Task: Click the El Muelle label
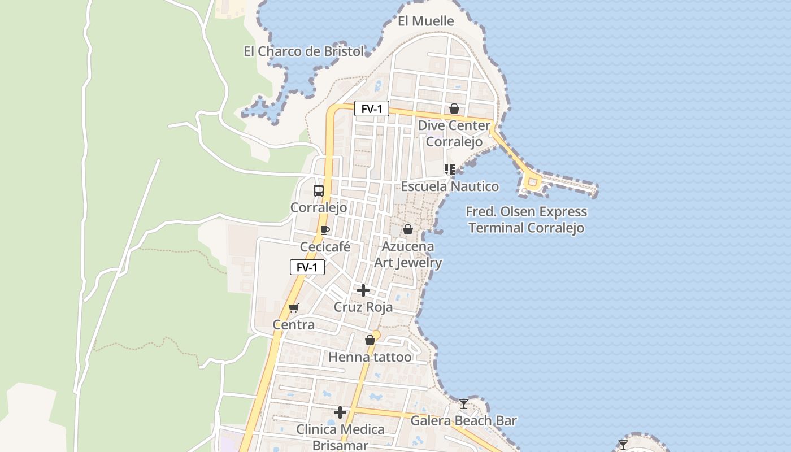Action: [425, 21]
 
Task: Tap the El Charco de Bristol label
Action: [304, 51]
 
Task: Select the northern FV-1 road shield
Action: [372, 109]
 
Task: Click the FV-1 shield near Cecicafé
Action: [307, 267]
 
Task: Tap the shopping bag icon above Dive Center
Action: [454, 108]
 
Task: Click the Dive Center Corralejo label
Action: [454, 133]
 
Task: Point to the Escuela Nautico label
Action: [450, 186]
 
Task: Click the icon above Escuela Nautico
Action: [450, 169]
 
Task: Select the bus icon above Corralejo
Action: [319, 191]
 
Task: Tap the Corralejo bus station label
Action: [319, 208]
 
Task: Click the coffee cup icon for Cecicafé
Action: [324, 230]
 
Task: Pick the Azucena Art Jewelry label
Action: [408, 254]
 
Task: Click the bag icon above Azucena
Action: [407, 229]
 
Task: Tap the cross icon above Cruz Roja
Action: [363, 290]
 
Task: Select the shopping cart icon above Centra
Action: [293, 308]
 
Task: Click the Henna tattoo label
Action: [370, 357]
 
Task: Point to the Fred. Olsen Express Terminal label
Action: [527, 220]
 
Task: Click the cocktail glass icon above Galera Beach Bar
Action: [464, 403]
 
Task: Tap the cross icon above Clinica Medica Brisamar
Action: [340, 412]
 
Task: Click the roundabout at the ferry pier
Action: [532, 182]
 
